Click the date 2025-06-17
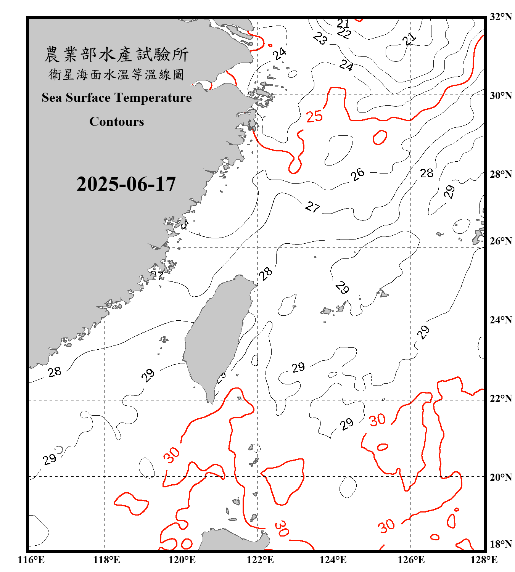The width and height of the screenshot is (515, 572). [x=126, y=184]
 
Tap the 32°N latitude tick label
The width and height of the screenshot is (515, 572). [x=501, y=17]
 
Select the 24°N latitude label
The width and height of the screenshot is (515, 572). [x=501, y=320]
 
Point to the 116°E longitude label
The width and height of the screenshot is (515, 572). [x=31, y=560]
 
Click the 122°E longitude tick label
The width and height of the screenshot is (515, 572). [x=260, y=560]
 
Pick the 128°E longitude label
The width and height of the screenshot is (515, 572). [x=484, y=560]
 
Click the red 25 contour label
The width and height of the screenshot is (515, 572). [x=314, y=116]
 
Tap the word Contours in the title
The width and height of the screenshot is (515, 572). [x=117, y=122]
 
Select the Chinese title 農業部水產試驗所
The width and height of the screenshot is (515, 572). [x=116, y=55]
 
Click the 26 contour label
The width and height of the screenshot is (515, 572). [x=357, y=175]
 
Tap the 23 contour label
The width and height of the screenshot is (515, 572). [x=320, y=38]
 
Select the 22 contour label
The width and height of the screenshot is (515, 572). [x=344, y=34]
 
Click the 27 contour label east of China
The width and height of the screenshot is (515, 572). [x=312, y=207]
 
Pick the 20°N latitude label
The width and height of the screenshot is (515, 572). [x=501, y=477]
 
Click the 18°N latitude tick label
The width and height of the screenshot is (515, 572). [x=501, y=544]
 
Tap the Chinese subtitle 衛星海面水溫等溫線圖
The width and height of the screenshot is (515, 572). [x=116, y=75]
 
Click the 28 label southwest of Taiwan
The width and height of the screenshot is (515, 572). [x=55, y=371]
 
